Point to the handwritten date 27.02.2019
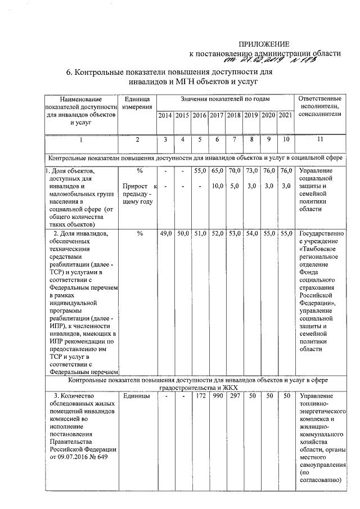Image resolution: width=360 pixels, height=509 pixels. pyautogui.click(x=245, y=61)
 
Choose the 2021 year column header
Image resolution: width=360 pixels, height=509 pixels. pyautogui.click(x=286, y=115)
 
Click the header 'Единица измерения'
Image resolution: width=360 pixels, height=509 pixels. pyautogui.click(x=137, y=103)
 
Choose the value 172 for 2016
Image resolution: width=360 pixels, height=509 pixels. pyautogui.click(x=200, y=397)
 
